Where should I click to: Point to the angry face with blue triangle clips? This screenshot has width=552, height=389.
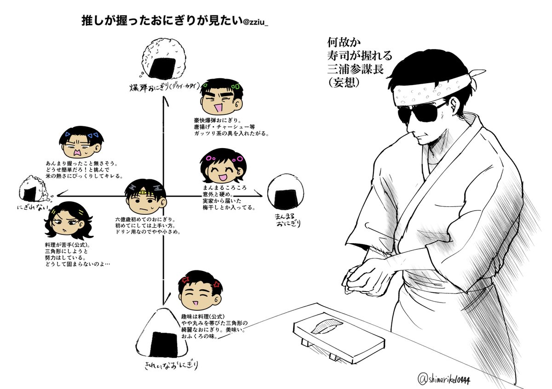click(81, 143)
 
